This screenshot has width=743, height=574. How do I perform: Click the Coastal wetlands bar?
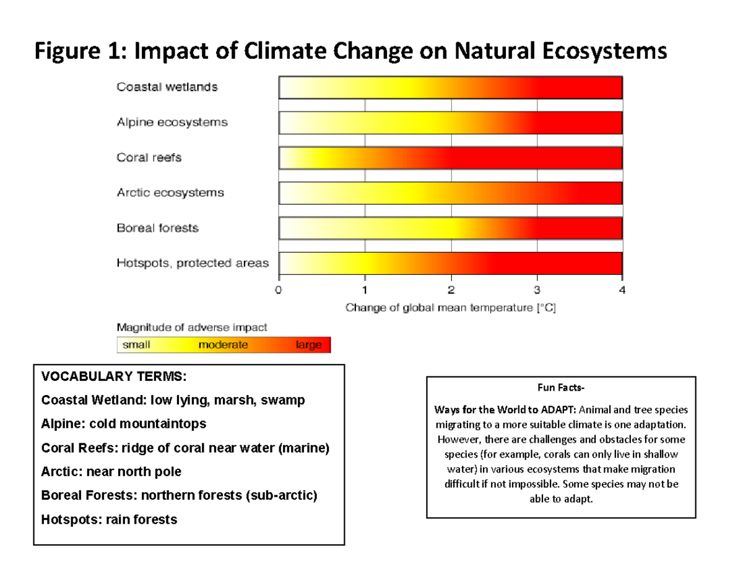450,87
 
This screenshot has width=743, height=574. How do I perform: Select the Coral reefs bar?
450,158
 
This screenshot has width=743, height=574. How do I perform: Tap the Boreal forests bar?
450,228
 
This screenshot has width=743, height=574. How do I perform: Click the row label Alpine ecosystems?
172,123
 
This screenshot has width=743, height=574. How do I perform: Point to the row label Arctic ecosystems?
170,193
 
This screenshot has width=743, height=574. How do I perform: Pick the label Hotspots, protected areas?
193,264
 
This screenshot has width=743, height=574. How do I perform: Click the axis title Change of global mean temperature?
451,307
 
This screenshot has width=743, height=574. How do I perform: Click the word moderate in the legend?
223,345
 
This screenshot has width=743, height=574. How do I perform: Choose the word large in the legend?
308,345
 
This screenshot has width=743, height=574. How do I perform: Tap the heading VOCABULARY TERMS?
113,376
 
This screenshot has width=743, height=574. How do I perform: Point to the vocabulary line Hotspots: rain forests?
109,520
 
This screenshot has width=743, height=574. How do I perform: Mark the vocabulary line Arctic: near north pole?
111,472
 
